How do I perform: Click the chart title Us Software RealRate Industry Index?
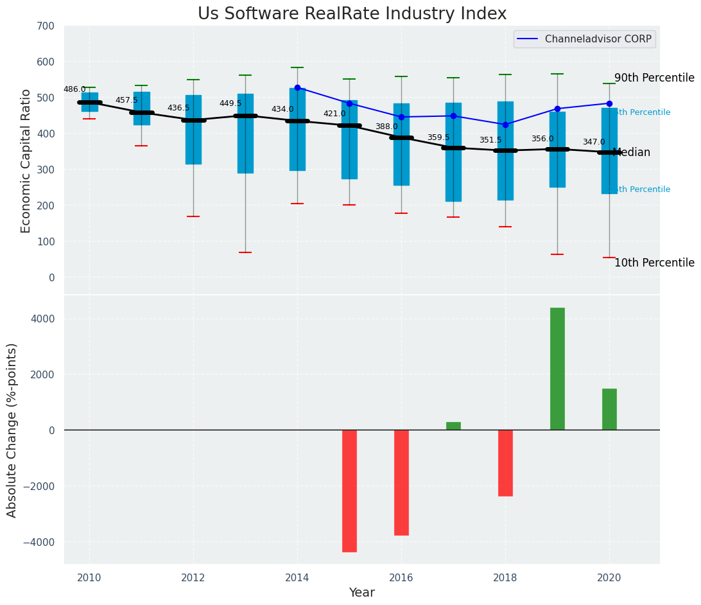tap(352, 14)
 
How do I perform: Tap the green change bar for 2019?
tap(557, 369)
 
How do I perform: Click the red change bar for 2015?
tap(349, 491)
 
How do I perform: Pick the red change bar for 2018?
tap(505, 463)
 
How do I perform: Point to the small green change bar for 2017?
tap(453, 426)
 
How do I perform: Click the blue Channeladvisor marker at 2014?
tap(297, 87)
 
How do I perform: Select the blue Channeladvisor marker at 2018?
tap(505, 125)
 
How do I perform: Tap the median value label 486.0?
tap(74, 90)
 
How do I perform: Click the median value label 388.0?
tap(386, 127)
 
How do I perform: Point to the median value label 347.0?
tap(594, 143)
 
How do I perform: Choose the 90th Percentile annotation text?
tap(654, 78)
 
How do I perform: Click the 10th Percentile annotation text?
tap(654, 263)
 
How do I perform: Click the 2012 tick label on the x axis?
tap(193, 578)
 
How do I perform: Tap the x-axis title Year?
tap(361, 593)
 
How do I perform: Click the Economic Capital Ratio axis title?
tap(26, 161)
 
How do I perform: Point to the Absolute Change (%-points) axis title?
tap(12, 430)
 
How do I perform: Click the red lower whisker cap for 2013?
tap(245, 252)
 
